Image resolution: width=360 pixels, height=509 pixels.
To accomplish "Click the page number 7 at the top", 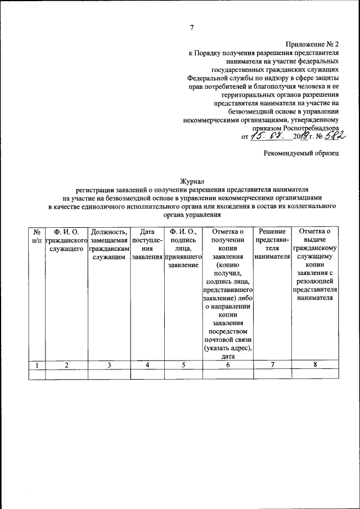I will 192,28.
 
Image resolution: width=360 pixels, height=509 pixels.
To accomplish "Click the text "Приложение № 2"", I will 313,43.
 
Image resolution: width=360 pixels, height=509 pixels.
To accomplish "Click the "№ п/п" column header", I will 37,236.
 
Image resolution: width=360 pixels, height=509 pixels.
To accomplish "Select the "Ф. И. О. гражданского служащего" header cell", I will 66,240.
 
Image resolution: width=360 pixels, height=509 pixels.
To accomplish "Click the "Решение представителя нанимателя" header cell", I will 272,244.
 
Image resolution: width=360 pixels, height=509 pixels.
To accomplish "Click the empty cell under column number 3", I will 110,374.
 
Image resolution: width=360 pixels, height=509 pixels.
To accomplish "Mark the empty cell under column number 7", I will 272,374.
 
